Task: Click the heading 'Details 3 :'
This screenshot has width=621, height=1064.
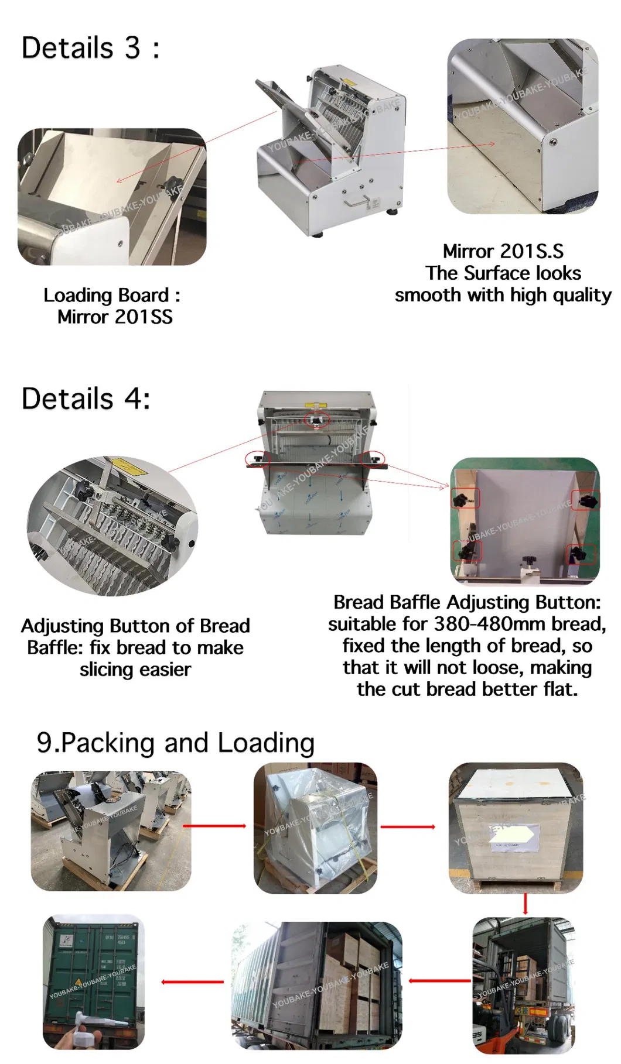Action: [90, 47]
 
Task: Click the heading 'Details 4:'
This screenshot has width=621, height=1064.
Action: [86, 399]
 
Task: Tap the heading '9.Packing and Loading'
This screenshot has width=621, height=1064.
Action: [176, 743]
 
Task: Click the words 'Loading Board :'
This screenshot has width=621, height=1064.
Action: [111, 295]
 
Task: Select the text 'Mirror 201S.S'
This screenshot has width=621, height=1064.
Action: [503, 251]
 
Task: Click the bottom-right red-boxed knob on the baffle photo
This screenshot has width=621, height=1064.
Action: [581, 554]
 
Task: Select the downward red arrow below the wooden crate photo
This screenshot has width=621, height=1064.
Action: [526, 904]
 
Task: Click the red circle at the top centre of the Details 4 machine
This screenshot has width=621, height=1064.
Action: [317, 420]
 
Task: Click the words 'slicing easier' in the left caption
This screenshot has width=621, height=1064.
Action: [135, 670]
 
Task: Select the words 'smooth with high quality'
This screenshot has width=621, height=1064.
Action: [503, 295]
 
